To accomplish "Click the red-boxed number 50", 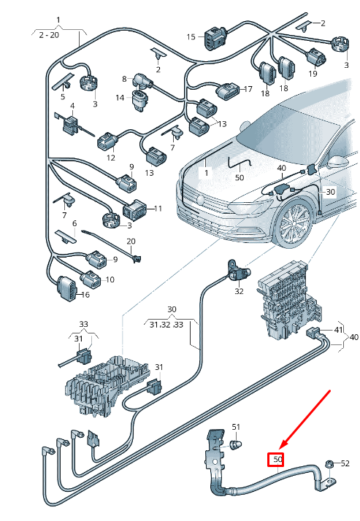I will tap(277, 460).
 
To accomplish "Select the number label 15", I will tap(191, 36).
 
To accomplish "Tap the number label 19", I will tap(313, 74).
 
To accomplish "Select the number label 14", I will tap(119, 97).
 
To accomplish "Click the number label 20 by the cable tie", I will tap(131, 242).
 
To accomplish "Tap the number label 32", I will tap(239, 291).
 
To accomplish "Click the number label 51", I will tap(236, 426).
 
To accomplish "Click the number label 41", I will tap(338, 331).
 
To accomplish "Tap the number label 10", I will tap(110, 279).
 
